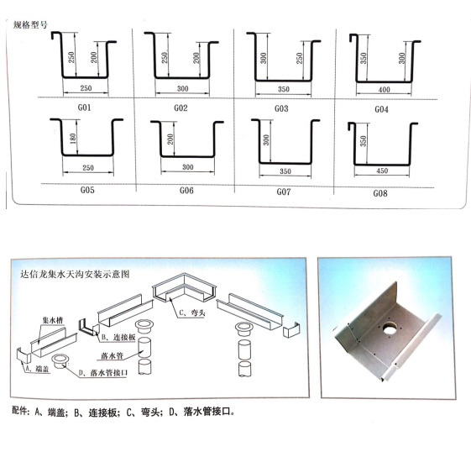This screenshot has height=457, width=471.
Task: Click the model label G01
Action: pos(85,108)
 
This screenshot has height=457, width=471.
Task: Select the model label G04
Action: pos(381,109)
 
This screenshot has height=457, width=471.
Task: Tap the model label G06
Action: pos(186,191)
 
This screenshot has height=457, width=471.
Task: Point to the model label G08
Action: pos(380,193)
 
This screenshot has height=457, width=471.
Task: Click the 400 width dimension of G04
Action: pos(385,90)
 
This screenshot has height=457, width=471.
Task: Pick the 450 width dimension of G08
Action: pos(382,171)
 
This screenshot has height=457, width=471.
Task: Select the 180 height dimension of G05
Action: pos(73,139)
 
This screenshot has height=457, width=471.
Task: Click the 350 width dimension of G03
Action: pos(284,89)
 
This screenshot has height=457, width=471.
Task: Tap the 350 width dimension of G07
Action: pos(285,171)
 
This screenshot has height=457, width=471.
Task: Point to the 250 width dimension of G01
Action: pos(86,88)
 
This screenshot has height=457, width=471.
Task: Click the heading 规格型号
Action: pos(30,24)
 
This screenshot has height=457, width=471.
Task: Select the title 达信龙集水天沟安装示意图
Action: pos(75,274)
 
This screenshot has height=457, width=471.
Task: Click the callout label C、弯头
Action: pos(192,313)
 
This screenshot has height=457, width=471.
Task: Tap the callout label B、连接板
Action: pos(118,338)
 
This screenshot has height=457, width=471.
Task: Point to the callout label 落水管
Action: pos(112,356)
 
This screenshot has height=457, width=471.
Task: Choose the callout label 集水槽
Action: pos(53,320)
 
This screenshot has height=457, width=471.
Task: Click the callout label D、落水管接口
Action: pos(103,373)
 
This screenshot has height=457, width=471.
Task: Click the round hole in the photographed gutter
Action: pos(390,329)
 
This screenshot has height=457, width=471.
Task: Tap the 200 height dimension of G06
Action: pos(170,139)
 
